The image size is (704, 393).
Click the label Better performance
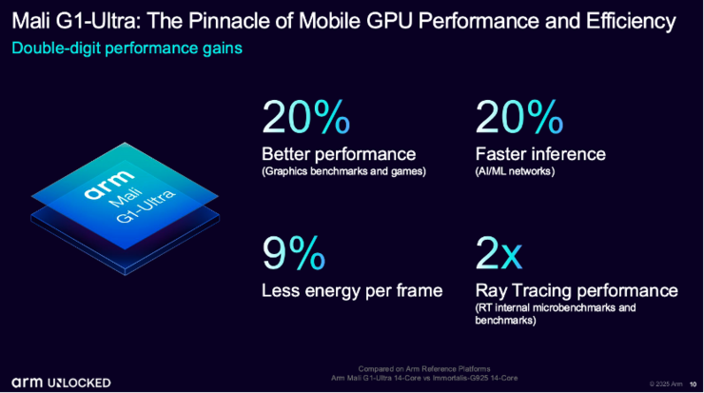tap(338, 153)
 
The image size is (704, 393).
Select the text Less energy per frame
tap(352, 290)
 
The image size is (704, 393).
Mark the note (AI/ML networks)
tap(515, 171)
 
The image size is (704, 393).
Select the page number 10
tap(692, 383)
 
